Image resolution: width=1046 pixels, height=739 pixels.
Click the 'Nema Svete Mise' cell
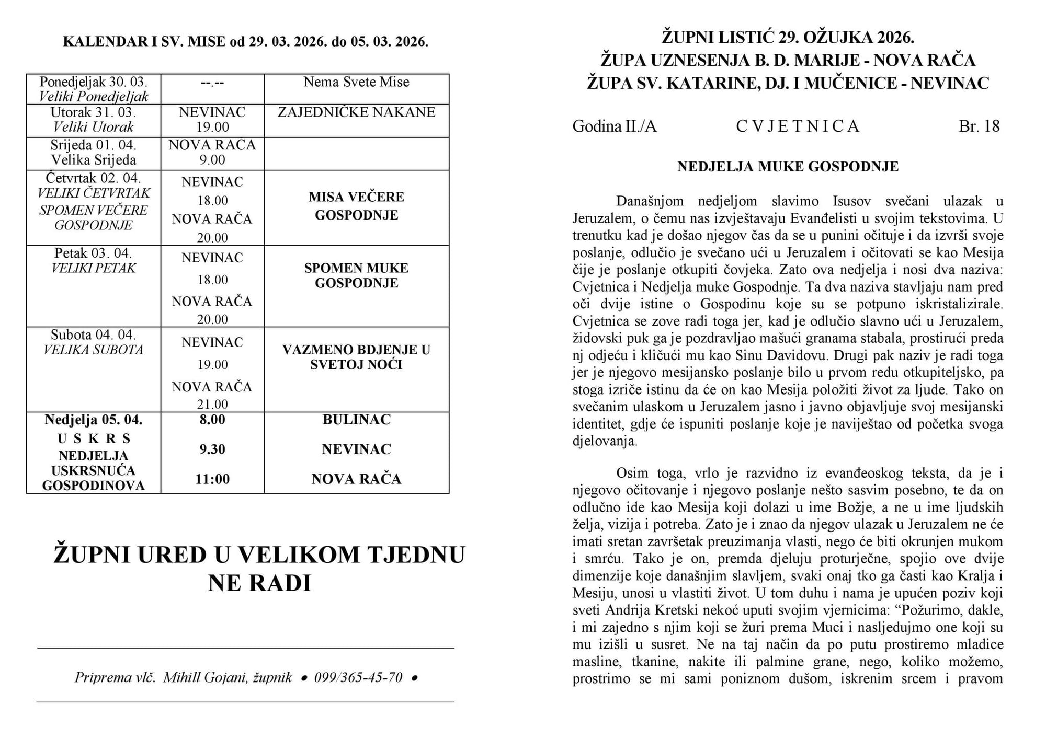coord(356,82)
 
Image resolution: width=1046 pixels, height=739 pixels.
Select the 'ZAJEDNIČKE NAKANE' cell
coord(356,112)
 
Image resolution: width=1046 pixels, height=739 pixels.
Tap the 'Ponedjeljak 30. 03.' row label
coord(94,82)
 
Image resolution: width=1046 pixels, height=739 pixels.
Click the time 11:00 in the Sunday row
coord(212,479)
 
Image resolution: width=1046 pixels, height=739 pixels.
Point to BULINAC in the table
coord(356,420)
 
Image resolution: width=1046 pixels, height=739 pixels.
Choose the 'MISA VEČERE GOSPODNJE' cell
coord(356,206)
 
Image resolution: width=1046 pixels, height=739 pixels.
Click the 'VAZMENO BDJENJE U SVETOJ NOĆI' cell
coord(356,357)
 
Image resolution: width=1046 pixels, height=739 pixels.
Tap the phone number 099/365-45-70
coord(358,677)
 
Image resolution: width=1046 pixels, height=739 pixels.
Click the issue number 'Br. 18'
coord(979,126)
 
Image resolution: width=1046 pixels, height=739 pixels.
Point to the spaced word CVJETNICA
coord(798,126)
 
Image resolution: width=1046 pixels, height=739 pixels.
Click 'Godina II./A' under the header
coord(614,126)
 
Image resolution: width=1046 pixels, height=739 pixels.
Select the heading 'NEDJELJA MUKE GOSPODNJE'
coord(788,167)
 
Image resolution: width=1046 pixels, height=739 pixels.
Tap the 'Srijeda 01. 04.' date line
coord(94,145)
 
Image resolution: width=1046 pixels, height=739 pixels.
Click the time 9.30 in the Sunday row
coord(212,449)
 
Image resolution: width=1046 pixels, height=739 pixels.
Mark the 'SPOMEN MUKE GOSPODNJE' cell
coord(356,275)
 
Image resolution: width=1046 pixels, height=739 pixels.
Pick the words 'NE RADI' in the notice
coord(259,583)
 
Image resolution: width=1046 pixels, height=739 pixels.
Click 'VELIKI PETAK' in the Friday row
coord(94,268)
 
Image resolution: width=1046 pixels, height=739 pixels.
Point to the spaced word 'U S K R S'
coord(94,438)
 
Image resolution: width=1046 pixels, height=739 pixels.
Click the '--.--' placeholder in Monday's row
coord(212,83)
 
